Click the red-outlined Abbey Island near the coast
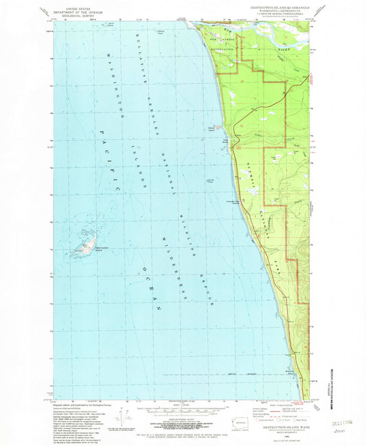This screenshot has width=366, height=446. [x=219, y=126]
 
